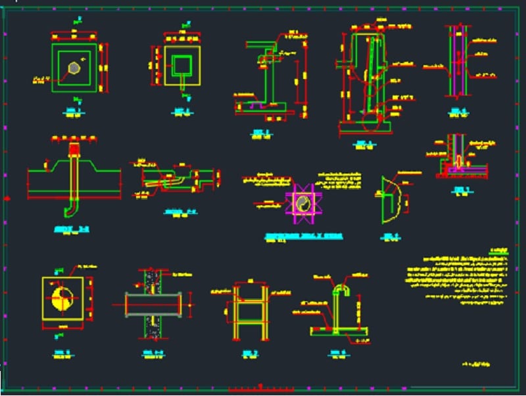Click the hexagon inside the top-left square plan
[x=74, y=66]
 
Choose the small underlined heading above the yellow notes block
[x=500, y=251]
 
